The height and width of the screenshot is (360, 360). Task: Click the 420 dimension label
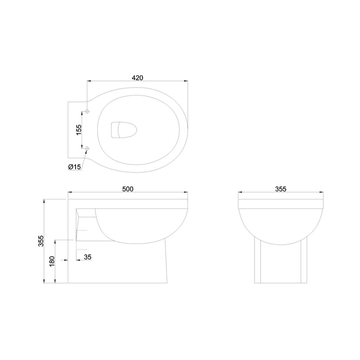tap(138, 77)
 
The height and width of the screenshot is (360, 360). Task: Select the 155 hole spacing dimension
tap(79, 129)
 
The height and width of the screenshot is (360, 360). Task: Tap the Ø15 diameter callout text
tap(75, 166)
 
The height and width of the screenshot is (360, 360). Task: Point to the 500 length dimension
tap(128, 189)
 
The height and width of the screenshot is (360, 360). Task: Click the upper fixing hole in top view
tap(87, 111)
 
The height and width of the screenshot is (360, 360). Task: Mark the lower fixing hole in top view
tap(87, 149)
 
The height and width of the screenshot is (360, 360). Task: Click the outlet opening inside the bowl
tap(123, 129)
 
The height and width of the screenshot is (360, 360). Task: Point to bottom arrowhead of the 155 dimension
tap(82, 146)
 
